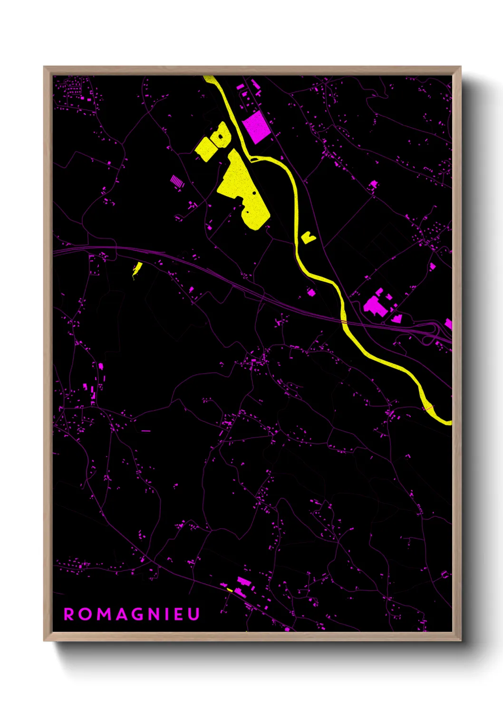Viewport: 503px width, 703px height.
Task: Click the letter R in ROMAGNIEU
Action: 69,614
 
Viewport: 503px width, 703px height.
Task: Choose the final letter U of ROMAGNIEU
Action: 193,614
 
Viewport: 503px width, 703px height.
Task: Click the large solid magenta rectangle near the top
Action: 256,126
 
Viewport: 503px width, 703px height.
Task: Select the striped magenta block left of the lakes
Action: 176,181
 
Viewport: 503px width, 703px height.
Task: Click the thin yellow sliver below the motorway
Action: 137,269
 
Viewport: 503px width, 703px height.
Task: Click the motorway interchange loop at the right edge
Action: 433,330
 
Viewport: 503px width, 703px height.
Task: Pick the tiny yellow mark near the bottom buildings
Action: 230,590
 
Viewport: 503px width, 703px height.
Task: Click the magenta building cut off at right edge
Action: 448,323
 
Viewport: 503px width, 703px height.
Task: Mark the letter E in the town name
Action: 178,614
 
